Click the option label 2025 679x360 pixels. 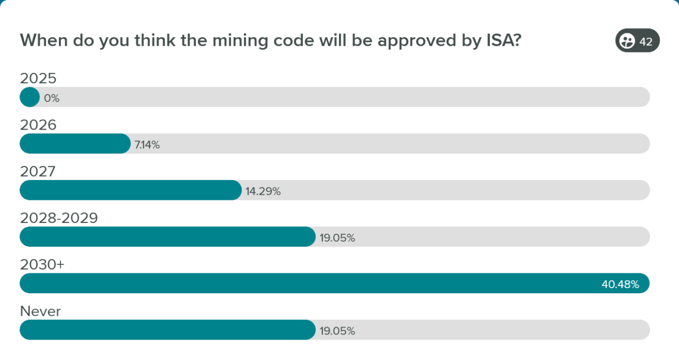tap(38, 78)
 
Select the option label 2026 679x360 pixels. tap(38, 125)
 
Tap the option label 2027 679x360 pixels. tap(38, 171)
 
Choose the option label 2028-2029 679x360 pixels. tap(59, 218)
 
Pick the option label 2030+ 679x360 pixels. tap(42, 264)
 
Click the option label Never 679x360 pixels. tap(40, 311)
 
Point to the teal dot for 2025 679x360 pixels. tap(29, 97)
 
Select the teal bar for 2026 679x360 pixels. tap(75, 144)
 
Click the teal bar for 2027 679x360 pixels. tap(130, 190)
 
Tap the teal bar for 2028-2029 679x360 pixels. tap(167, 237)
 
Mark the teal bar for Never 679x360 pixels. tap(167, 330)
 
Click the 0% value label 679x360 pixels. tap(51, 98)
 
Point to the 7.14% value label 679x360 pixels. tap(147, 144)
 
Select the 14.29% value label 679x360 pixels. tap(263, 191)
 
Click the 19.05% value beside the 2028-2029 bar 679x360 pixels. tap(337, 238)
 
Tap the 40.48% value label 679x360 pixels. tap(620, 284)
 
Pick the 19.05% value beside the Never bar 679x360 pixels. tap(337, 331)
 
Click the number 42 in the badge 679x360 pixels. tap(646, 41)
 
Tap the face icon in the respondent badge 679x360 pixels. tap(627, 41)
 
